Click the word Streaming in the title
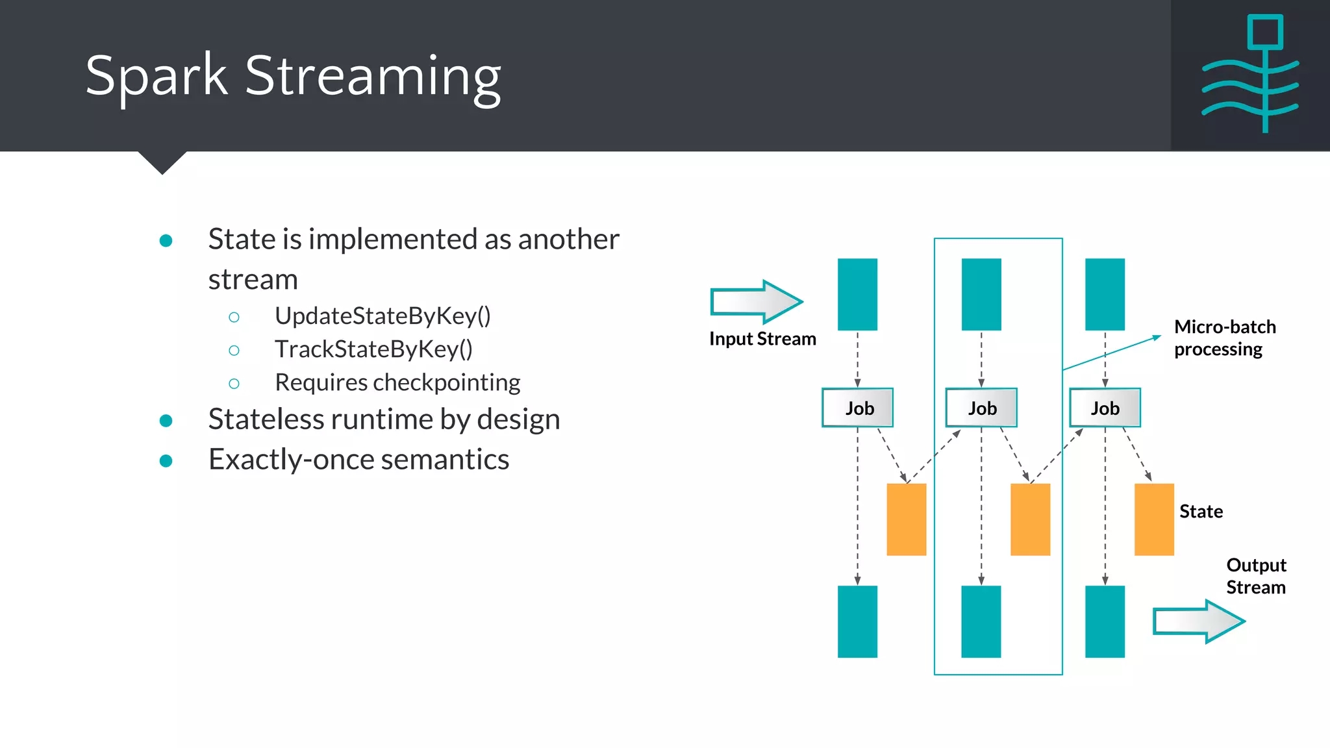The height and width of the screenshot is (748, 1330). coord(372,77)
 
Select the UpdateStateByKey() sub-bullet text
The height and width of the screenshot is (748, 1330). coord(383,316)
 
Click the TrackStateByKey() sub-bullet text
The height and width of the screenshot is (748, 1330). coord(373,349)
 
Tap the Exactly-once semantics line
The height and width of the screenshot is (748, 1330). coord(358,460)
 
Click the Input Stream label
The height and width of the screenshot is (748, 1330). coord(762,339)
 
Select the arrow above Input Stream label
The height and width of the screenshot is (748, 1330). coord(757,302)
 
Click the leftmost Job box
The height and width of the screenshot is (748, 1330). coord(858,408)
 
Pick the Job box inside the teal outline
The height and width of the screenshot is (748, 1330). coord(981,408)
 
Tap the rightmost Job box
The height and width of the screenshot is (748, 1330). coord(1105,408)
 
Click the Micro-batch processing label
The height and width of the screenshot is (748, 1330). coord(1224,338)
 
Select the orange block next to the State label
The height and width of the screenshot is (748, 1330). coord(1154,519)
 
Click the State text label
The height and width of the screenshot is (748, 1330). coord(1201,512)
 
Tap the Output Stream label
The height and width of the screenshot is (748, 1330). coord(1256,576)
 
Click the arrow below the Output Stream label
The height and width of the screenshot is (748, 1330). coord(1199,621)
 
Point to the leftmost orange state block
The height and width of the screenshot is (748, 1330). coord(907,519)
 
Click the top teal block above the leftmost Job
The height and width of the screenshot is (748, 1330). coord(857,294)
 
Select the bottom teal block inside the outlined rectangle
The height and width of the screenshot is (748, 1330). coord(981,621)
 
